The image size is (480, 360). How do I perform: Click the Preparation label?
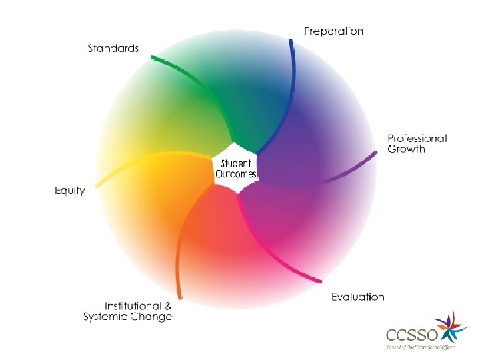pyautogui.click(x=333, y=31)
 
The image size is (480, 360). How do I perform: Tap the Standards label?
pyautogui.click(x=113, y=48)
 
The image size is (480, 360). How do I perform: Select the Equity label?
pyautogui.click(x=70, y=191)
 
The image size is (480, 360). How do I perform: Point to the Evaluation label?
pyautogui.click(x=358, y=297)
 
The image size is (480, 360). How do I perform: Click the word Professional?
pyautogui.click(x=417, y=139)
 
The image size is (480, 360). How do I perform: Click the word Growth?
pyautogui.click(x=406, y=149)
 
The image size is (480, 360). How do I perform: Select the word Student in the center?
pyautogui.click(x=236, y=163)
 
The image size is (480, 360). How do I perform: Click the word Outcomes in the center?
pyautogui.click(x=236, y=175)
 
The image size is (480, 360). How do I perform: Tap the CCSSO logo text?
pyautogui.click(x=407, y=334)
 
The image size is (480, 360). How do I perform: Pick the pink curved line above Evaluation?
pyautogui.click(x=280, y=253)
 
